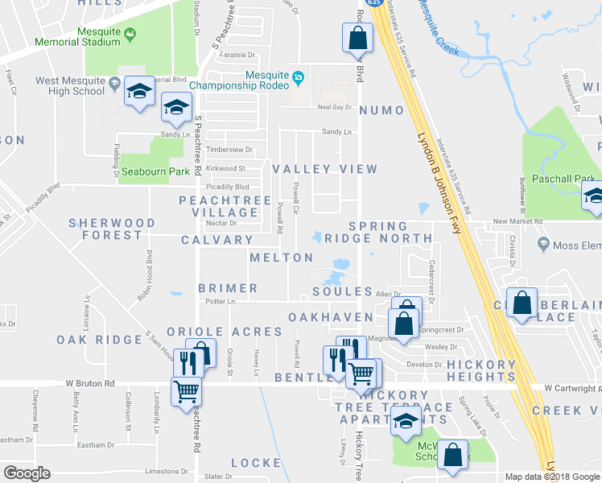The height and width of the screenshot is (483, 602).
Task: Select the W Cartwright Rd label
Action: (x=571, y=388)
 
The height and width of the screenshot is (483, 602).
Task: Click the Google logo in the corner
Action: (x=27, y=473)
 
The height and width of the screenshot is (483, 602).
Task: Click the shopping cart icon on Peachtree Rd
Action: (x=188, y=391)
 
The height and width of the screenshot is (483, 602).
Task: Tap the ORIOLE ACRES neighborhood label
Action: (x=225, y=332)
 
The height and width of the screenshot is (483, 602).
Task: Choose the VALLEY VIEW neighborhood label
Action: (x=324, y=169)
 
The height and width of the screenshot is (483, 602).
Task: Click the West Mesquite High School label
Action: (x=71, y=86)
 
